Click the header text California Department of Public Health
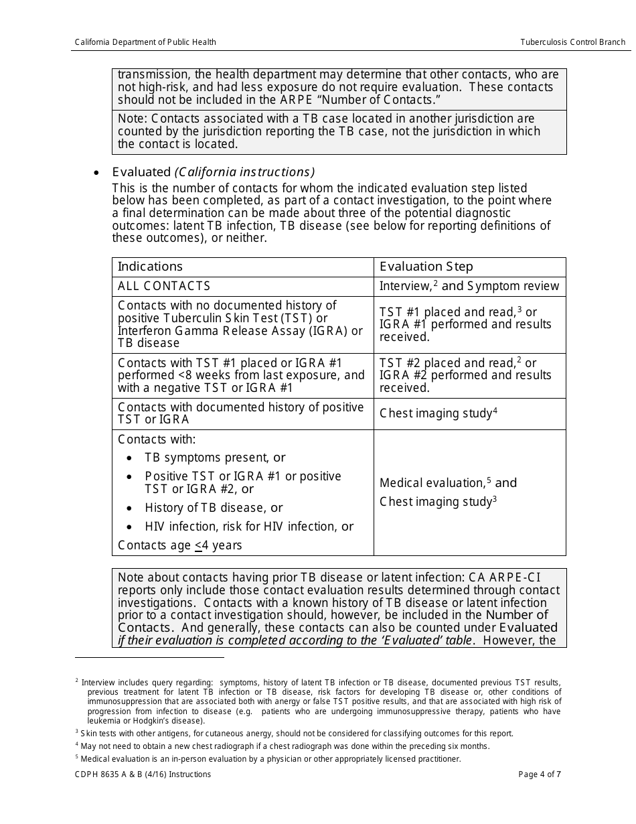145,42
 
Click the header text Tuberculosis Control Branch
572,42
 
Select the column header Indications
150,267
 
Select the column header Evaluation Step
426,267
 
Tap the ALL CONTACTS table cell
164,286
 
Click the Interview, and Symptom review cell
469,286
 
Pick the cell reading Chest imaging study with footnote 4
438,413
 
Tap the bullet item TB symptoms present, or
215,458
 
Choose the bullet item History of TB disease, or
214,508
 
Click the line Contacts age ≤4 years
179,545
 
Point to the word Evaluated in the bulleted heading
141,172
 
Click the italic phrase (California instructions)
244,172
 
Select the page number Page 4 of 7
540,774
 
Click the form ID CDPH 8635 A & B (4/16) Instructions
143,774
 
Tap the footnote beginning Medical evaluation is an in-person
270,759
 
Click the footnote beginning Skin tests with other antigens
297,734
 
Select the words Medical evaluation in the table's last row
431,483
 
